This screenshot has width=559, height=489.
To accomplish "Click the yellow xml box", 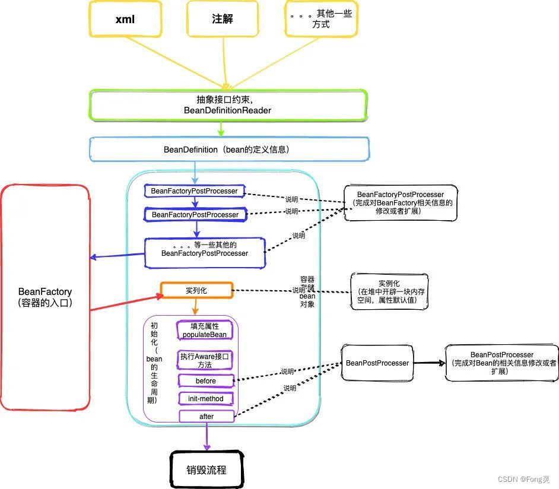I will click(x=125, y=20).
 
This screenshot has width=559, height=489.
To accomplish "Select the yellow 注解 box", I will click(x=223, y=20).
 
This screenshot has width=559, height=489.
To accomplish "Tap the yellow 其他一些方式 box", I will click(x=319, y=20).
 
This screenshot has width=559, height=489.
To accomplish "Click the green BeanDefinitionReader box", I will click(x=228, y=105).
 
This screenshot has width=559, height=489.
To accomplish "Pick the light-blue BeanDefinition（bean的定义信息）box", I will click(x=228, y=150).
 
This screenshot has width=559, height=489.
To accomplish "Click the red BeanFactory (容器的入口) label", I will click(x=45, y=297).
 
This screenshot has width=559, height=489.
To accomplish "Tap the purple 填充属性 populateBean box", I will click(x=205, y=331).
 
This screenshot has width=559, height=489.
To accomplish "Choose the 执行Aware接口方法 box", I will click(x=205, y=360).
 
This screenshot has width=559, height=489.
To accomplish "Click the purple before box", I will click(x=205, y=381).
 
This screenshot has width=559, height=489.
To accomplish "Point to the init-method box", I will click(x=205, y=399).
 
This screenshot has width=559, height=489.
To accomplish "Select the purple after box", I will click(x=206, y=417).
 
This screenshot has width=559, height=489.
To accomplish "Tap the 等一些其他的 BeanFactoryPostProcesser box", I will click(x=205, y=249).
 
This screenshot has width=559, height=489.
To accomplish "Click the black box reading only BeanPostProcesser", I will click(x=377, y=363).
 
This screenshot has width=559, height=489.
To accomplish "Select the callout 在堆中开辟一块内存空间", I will click(x=388, y=292).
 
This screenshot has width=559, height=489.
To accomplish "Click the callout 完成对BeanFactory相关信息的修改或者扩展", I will click(x=400, y=202).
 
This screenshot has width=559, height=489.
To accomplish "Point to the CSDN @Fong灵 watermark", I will click(x=523, y=479).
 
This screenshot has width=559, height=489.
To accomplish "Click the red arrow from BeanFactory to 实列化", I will click(x=125, y=300).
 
